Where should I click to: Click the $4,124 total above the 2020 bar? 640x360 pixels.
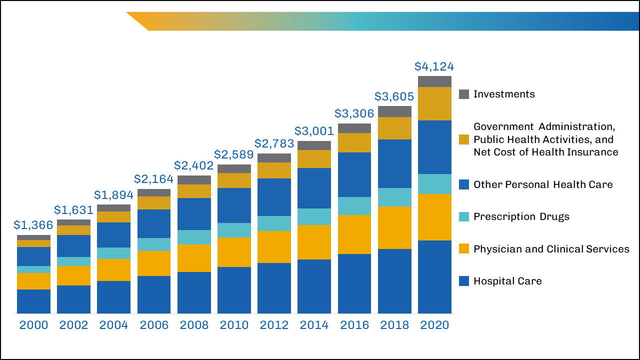(434, 66)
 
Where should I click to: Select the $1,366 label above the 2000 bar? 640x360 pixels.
(33, 225)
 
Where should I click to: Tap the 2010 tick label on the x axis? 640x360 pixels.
(234, 325)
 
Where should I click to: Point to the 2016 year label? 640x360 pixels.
(354, 325)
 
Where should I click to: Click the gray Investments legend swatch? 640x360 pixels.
(464, 94)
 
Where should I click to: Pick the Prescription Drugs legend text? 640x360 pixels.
(521, 216)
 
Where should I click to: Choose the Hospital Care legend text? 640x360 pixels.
(507, 281)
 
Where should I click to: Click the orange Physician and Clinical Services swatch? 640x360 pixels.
(464, 248)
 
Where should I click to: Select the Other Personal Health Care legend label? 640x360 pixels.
(543, 184)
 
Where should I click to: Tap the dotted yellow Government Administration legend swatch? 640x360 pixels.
(464, 139)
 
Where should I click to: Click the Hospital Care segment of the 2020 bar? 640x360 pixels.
(434, 277)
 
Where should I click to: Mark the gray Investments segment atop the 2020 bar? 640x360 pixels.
(434, 81)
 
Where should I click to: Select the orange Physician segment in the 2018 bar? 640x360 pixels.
(394, 227)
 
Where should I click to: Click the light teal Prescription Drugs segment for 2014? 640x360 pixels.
(314, 216)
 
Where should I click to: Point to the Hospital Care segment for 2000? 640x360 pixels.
(33, 301)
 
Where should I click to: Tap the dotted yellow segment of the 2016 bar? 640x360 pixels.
(354, 142)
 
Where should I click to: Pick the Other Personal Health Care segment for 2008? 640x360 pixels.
(194, 214)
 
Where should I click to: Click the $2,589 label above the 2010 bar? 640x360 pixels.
(234, 155)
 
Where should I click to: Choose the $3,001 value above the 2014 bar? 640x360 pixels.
(314, 131)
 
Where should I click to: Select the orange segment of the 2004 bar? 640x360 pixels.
(113, 269)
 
